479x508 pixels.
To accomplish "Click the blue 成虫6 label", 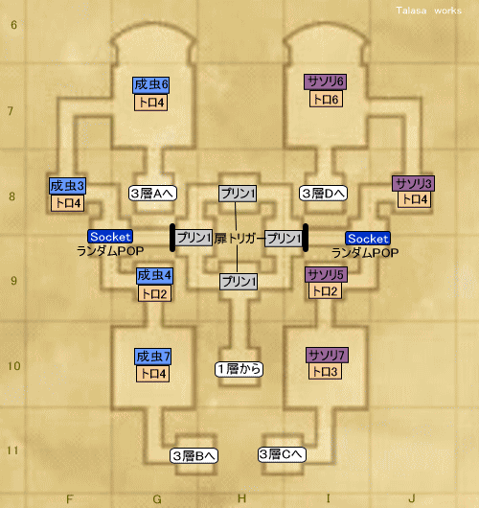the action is pos(151,85).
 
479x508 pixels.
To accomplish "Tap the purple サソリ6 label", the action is pos(325,82).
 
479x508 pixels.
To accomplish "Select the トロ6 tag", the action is pos(326,99).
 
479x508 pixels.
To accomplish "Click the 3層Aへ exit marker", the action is pos(152,194).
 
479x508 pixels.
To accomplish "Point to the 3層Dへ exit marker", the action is pos(323,194).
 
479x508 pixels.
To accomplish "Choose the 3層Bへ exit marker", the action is pos(194,456).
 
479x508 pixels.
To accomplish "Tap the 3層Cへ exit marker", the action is pos(282,454).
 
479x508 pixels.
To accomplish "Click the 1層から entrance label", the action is pos(239,369).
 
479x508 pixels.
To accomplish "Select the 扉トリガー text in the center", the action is pos(239,239).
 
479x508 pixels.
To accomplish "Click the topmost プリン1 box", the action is pos(238,194).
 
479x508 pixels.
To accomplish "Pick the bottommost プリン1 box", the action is pos(239,282).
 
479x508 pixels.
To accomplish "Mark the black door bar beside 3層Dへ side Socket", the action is pos(305,238).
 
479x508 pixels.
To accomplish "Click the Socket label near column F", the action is pos(110,237).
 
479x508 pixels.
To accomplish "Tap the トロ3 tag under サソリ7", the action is pos(325,371).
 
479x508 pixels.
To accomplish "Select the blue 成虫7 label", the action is pos(153,357).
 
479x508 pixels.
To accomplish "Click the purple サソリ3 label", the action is pos(413,184).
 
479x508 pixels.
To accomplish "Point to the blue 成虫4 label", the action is pos(154,276).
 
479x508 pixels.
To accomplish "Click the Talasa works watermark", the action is pos(429,11).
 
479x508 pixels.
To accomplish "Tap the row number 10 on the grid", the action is pos(14,366).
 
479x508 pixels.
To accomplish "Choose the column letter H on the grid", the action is pos(241,498).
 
